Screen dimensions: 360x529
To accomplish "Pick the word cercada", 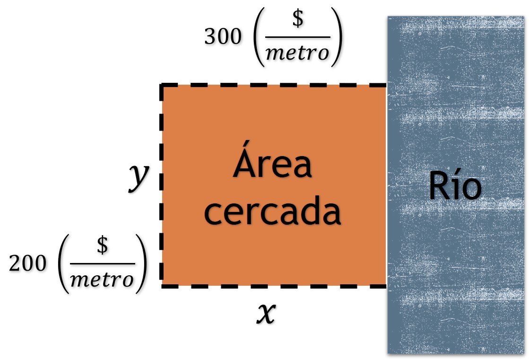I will coord(272,213).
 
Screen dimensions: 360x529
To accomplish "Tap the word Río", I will coord(455,186).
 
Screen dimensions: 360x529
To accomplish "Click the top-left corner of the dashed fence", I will coord(162,86).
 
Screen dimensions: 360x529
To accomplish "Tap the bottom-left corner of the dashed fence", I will coord(162,285).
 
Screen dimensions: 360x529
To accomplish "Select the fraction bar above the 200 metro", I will coord(102,264).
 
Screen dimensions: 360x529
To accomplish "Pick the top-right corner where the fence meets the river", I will coord(387,86).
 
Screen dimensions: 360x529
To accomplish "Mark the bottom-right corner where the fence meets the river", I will coord(387,285).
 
